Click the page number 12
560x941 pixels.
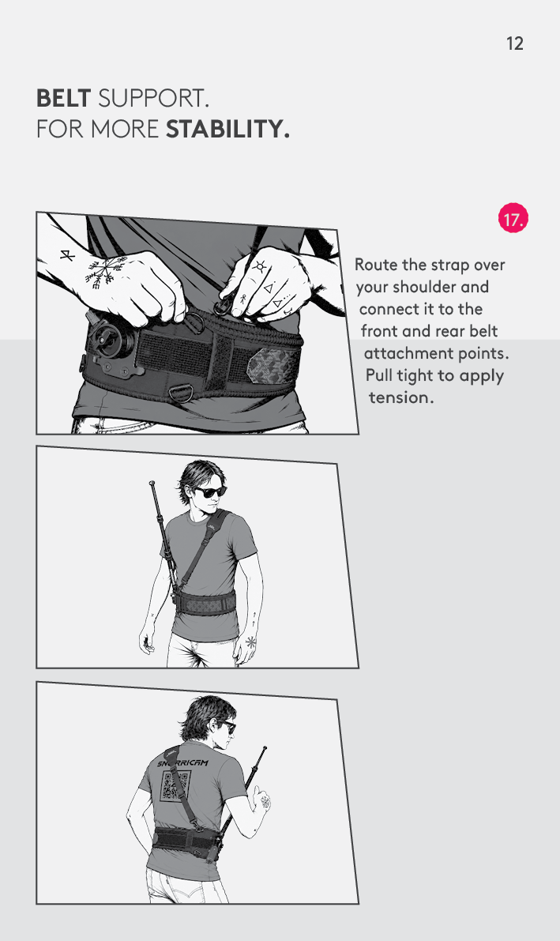[514, 43]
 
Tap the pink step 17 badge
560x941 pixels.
[513, 218]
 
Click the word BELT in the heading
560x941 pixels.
[64, 98]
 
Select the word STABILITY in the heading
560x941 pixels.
[227, 129]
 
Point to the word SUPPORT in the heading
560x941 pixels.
[153, 98]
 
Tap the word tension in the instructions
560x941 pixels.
[401, 397]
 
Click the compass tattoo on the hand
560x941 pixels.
[106, 273]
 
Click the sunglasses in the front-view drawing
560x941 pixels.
[210, 492]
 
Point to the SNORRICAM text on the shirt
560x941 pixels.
[182, 762]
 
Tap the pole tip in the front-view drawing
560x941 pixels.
[152, 483]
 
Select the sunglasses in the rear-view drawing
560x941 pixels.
[230, 728]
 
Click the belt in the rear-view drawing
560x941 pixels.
[184, 838]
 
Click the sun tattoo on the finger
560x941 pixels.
[260, 266]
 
